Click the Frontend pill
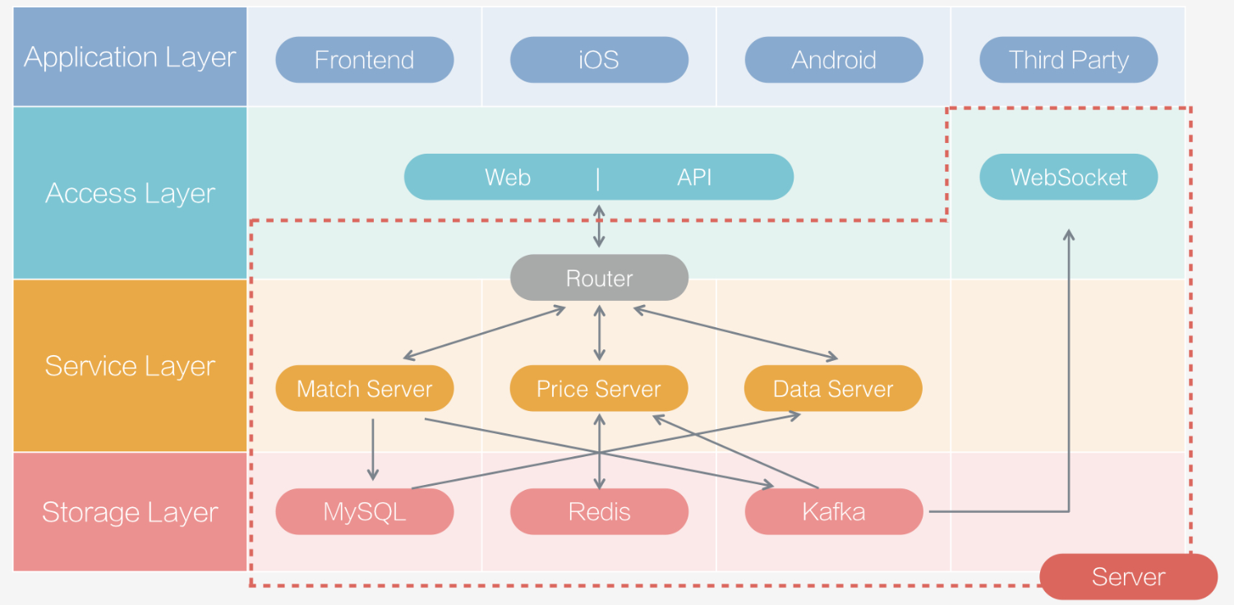(x=364, y=60)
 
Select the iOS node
(x=599, y=60)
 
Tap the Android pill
(x=833, y=60)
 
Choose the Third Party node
(x=1068, y=60)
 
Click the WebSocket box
(x=1068, y=177)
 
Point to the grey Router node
(x=599, y=278)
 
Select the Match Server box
(x=364, y=389)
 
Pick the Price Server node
(x=599, y=389)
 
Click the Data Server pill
(x=833, y=389)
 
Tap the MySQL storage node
(x=364, y=512)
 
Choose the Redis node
(x=599, y=512)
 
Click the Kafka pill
(x=833, y=512)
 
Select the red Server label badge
(x=1128, y=577)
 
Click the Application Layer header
(x=130, y=58)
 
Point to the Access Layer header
(x=130, y=193)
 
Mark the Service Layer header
(x=130, y=366)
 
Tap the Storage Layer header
(x=130, y=512)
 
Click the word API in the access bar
(x=694, y=177)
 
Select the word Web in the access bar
(x=508, y=177)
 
